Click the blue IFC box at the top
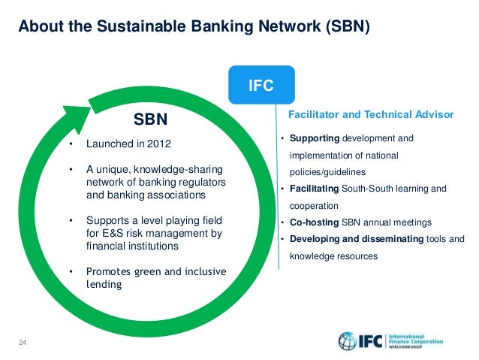click(261, 86)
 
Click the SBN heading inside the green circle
click(150, 118)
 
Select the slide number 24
click(23, 343)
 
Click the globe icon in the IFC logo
click(348, 341)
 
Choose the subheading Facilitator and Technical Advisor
click(371, 115)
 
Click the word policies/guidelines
click(324, 171)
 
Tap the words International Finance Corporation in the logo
click(415, 340)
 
